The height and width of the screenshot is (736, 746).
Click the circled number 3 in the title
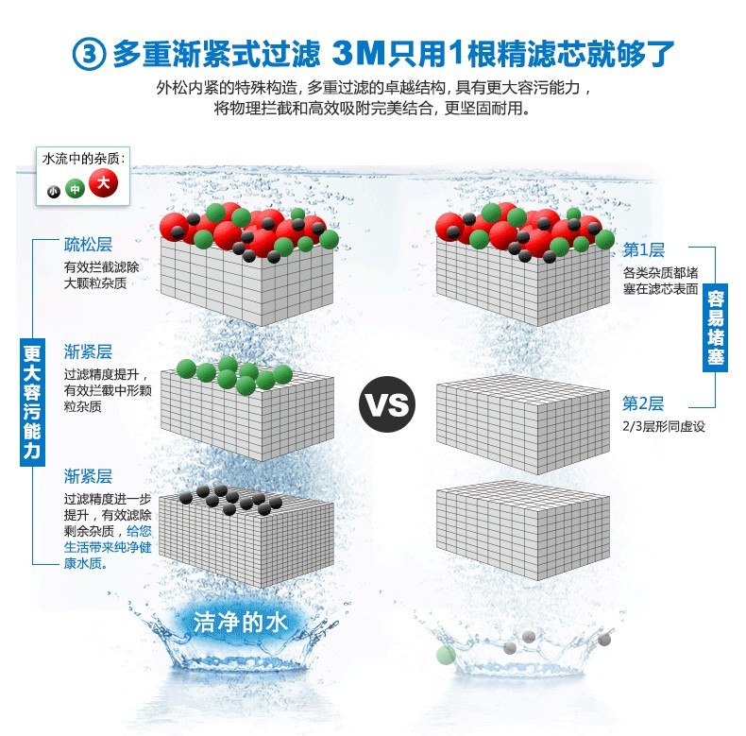(x=89, y=54)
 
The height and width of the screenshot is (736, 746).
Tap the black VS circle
(x=387, y=404)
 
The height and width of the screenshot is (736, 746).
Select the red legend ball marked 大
(x=103, y=182)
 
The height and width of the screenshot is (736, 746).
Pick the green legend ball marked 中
(x=75, y=189)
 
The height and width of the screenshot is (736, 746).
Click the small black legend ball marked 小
(x=53, y=192)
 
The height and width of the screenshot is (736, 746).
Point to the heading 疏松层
(x=88, y=245)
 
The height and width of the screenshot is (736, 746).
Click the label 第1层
(x=643, y=249)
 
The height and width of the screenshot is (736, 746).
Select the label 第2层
(x=643, y=403)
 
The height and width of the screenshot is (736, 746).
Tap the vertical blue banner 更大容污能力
(x=32, y=402)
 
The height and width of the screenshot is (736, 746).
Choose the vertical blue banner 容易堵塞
(x=715, y=328)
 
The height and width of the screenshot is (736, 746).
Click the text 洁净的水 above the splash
(x=240, y=623)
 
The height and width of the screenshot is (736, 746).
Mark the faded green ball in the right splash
(x=446, y=655)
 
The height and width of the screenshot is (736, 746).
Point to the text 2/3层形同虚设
(x=664, y=426)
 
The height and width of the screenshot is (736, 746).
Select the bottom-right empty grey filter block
(x=523, y=530)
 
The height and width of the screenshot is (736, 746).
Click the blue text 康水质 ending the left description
(x=86, y=563)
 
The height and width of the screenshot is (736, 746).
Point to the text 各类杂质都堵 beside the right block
(x=661, y=273)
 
